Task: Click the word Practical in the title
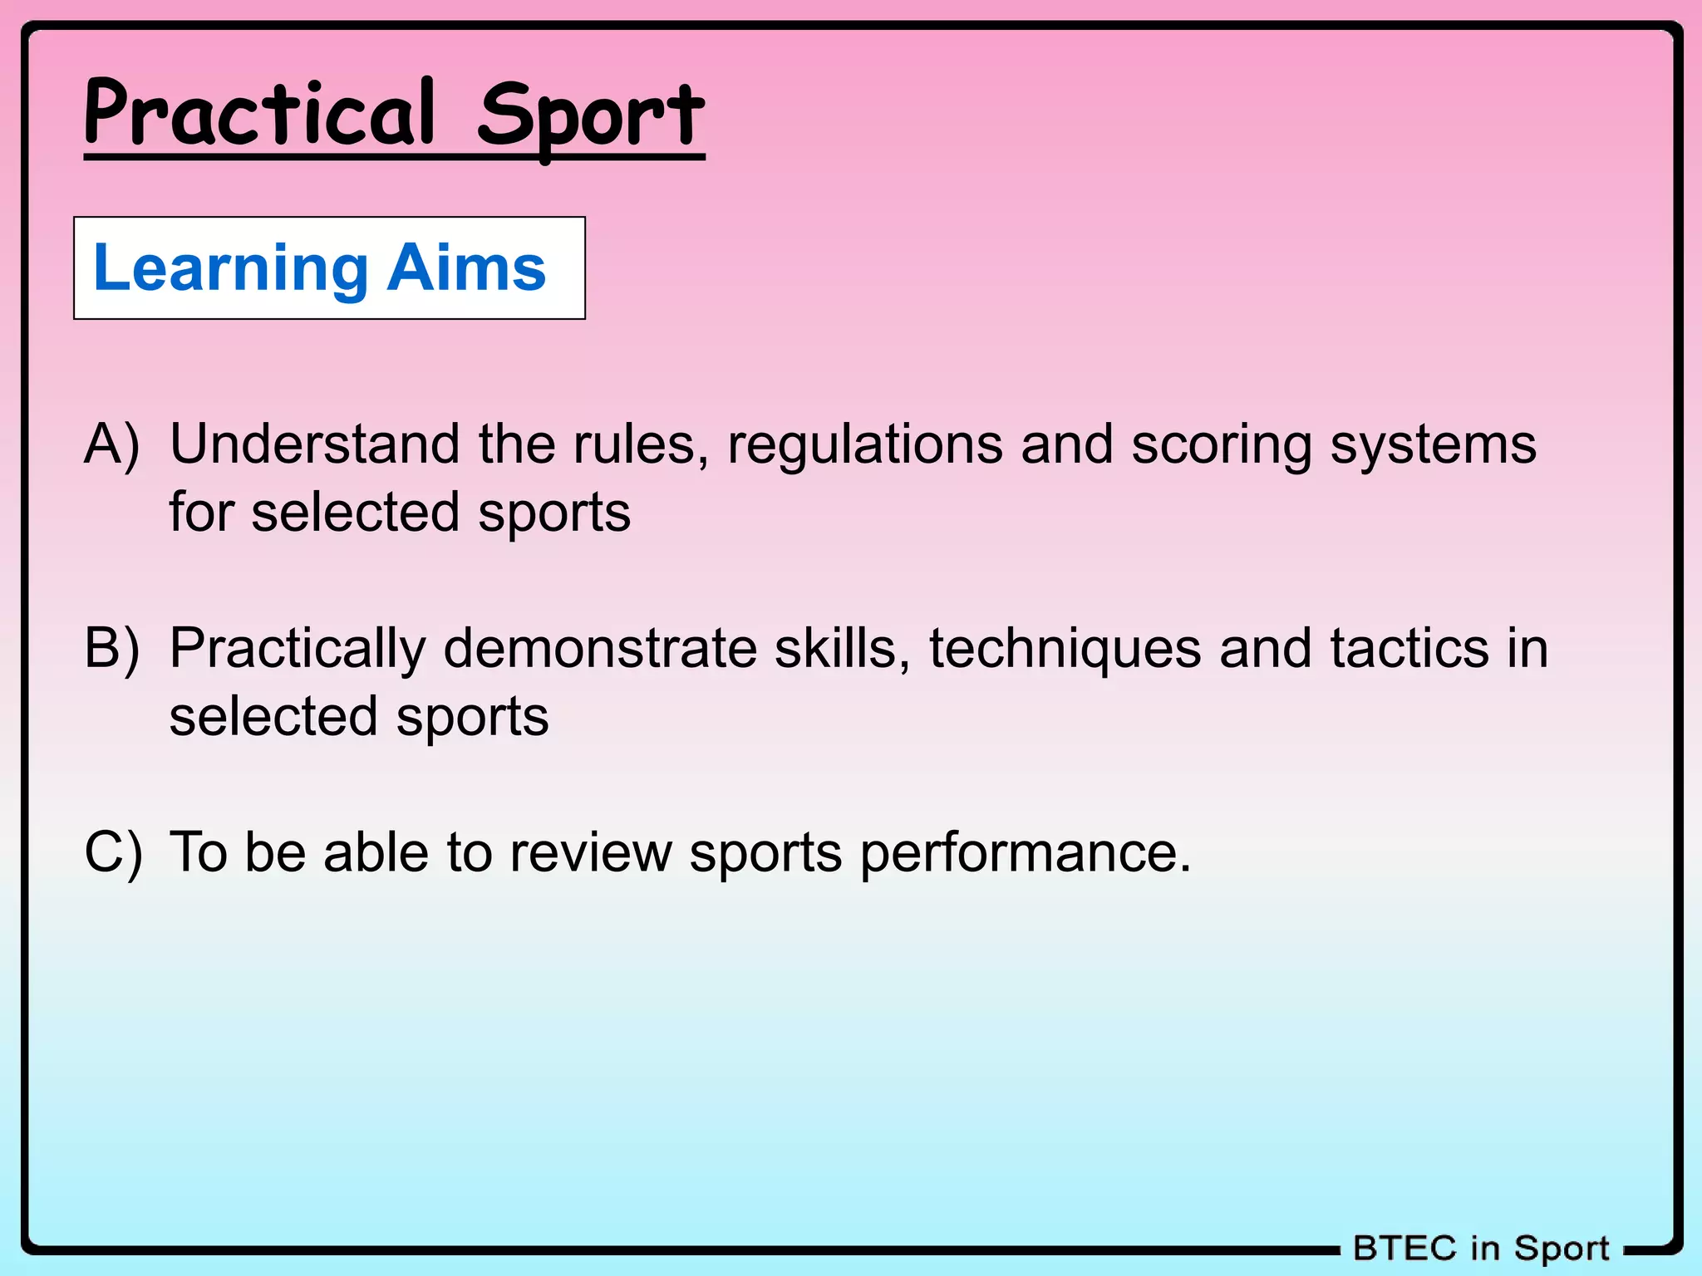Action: click(259, 114)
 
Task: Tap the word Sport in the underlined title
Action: click(590, 116)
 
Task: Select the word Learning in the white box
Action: click(231, 269)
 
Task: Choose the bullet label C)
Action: click(113, 852)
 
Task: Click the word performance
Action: click(1026, 854)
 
